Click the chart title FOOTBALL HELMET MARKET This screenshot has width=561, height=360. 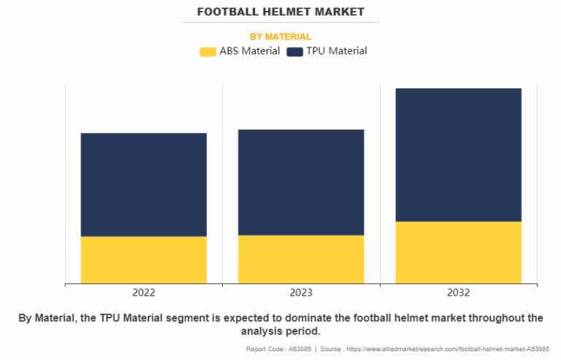[280, 12]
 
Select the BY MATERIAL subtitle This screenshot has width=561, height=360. [280, 37]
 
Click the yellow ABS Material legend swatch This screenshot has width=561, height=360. [208, 51]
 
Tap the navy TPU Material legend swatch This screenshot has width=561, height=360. [295, 51]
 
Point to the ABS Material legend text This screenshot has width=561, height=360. [250, 51]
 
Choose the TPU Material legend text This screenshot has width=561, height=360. [337, 51]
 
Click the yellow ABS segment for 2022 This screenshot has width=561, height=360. [144, 259]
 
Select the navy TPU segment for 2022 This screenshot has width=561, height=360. [144, 184]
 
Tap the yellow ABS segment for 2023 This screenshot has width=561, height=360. [301, 258]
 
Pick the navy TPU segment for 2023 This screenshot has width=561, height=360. [301, 182]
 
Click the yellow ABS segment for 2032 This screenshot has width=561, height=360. [458, 252]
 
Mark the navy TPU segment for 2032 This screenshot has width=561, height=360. [458, 155]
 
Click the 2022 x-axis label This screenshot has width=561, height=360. [144, 293]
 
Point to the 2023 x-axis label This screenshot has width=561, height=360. [301, 293]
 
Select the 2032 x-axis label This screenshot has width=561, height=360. [458, 293]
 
